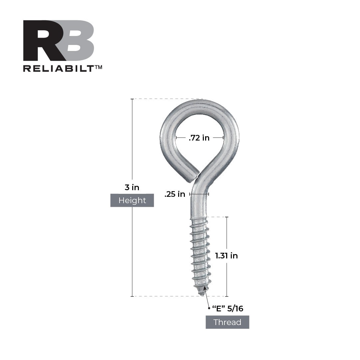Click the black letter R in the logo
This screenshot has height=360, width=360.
pyautogui.click(x=43, y=41)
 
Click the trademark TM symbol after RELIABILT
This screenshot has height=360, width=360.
pyautogui.click(x=99, y=67)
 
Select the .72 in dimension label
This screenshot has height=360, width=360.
pyautogui.click(x=199, y=138)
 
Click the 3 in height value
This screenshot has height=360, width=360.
pyautogui.click(x=132, y=187)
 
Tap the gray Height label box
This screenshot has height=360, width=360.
pyautogui.click(x=132, y=200)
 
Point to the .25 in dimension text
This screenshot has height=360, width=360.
pyautogui.click(x=175, y=194)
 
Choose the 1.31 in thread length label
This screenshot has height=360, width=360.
pyautogui.click(x=226, y=256)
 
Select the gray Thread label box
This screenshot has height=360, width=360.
pyautogui.click(x=227, y=322)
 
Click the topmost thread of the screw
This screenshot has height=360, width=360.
pyautogui.click(x=199, y=220)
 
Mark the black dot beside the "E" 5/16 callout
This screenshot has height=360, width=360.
pyautogui.click(x=209, y=308)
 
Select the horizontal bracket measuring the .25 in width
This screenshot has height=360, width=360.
pyautogui.click(x=199, y=194)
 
